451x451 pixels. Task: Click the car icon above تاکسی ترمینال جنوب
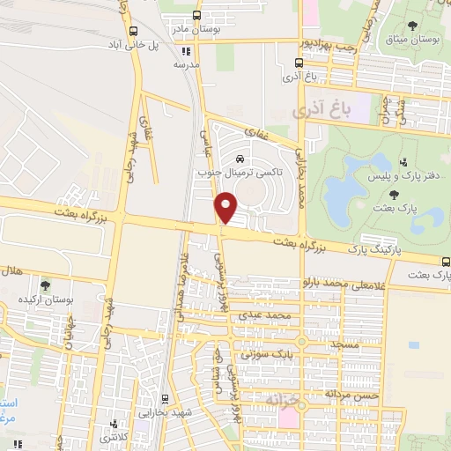[240, 159]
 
